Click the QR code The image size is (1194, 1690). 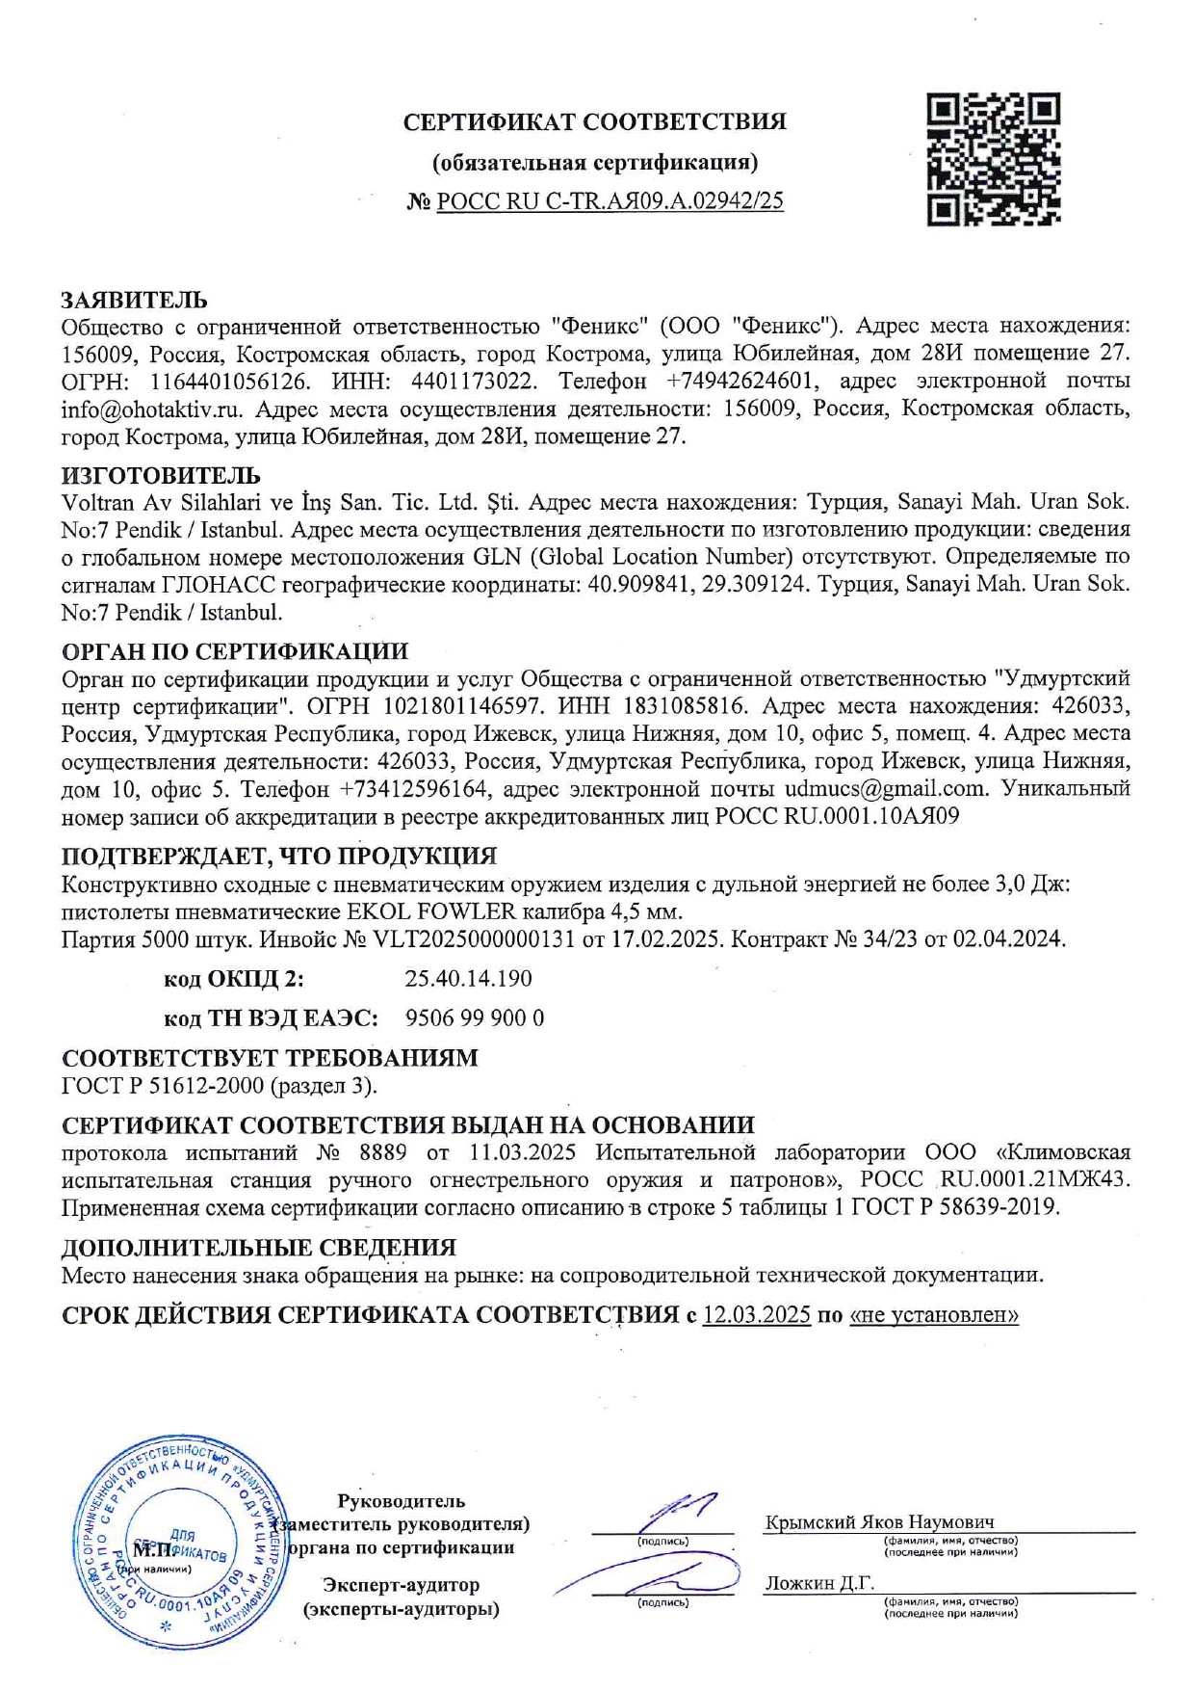click(993, 159)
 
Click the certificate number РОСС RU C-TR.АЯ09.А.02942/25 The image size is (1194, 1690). click(610, 201)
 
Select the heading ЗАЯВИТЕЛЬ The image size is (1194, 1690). click(134, 301)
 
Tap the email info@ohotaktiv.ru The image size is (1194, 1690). click(151, 409)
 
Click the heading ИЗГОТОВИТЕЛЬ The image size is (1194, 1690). click(161, 476)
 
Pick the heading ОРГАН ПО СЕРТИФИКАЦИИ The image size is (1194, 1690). click(235, 651)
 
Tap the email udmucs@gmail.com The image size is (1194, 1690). click(886, 789)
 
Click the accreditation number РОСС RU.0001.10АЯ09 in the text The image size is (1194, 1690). click(837, 817)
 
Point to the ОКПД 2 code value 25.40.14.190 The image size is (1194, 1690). click(468, 979)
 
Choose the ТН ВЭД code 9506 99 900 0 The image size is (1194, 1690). click(475, 1018)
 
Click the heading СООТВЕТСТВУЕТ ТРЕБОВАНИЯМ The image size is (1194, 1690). click(270, 1058)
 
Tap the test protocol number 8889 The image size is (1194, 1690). click(381, 1153)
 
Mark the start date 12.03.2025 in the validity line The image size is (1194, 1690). click(756, 1315)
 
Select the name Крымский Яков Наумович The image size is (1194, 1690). click(879, 1522)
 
